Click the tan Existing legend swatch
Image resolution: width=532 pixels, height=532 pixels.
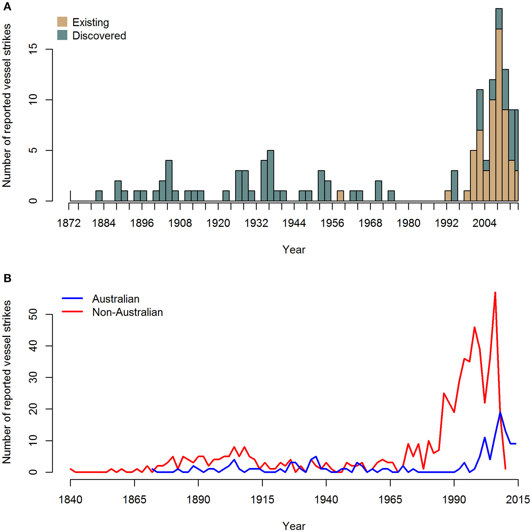[x=62, y=22]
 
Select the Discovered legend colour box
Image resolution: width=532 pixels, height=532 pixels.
[x=62, y=35]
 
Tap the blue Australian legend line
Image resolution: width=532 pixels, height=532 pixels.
[x=72, y=298]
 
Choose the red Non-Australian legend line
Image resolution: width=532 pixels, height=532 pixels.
[x=72, y=312]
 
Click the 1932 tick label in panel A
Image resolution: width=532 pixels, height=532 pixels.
[x=256, y=223]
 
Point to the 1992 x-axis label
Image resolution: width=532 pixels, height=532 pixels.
[x=446, y=223]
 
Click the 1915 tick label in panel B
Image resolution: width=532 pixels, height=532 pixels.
[x=262, y=500]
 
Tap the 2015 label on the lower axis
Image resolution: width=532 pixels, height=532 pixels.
[x=518, y=500]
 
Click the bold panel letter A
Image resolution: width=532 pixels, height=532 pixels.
[x=7, y=7]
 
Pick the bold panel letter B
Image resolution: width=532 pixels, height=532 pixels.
[x=7, y=278]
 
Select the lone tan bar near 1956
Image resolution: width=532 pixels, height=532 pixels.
[x=340, y=196]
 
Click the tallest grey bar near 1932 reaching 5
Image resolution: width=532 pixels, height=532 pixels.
[x=270, y=175]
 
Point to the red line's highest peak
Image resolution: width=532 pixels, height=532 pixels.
[x=495, y=293]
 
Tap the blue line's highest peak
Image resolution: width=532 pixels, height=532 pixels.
[x=500, y=413]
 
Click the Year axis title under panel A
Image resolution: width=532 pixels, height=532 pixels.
[x=294, y=250]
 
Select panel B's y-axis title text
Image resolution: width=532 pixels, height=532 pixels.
[x=7, y=382]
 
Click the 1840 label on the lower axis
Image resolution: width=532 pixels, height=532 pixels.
[x=70, y=500]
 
